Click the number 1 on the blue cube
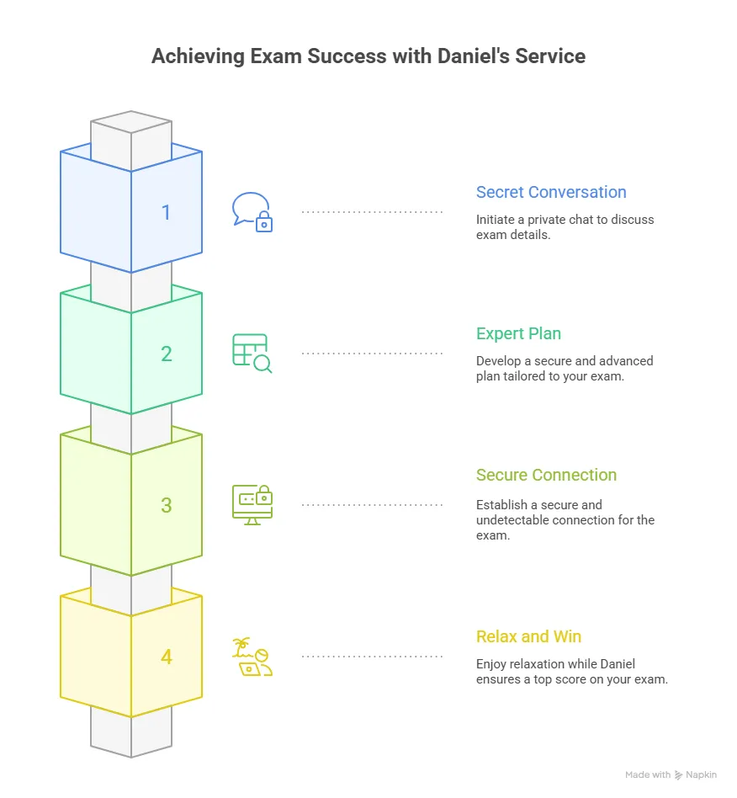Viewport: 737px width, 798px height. point(166,212)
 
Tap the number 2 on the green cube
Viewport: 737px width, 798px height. point(166,354)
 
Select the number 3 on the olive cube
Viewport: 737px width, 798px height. point(166,505)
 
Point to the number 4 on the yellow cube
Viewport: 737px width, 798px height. point(166,657)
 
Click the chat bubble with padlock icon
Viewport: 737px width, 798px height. point(252,212)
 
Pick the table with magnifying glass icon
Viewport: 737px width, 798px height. point(252,354)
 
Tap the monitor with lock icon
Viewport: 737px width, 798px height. point(252,505)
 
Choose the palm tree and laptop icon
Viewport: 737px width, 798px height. point(252,657)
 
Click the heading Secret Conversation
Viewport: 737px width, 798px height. point(551,192)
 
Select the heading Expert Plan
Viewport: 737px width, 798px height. point(518,333)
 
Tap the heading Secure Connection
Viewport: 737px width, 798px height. point(546,475)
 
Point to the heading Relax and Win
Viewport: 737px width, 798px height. point(528,636)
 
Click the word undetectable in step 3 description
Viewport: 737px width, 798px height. point(516,520)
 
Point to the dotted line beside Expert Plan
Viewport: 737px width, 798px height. point(372,354)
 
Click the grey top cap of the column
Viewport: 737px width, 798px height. point(131,124)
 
